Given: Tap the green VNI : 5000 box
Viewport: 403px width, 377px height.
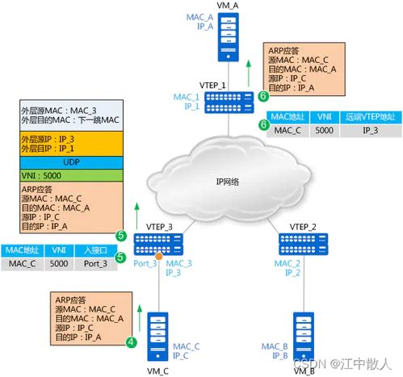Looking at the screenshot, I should pyautogui.click(x=60, y=175).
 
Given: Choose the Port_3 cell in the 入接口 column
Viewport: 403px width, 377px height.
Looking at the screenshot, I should pyautogui.click(x=97, y=262).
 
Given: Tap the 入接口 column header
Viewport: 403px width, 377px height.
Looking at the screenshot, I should pyautogui.click(x=97, y=250).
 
